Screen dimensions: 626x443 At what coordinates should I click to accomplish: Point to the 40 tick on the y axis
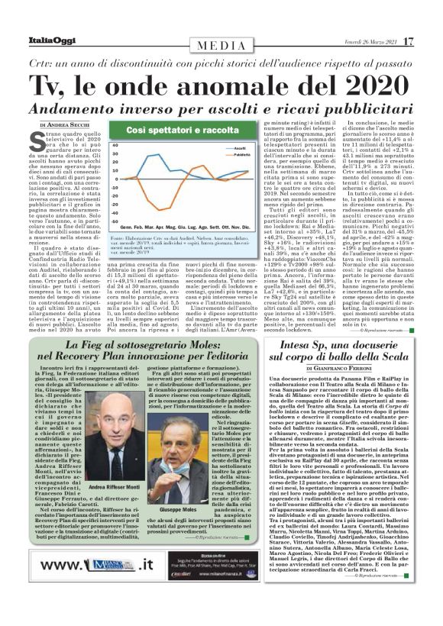[114, 144]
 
